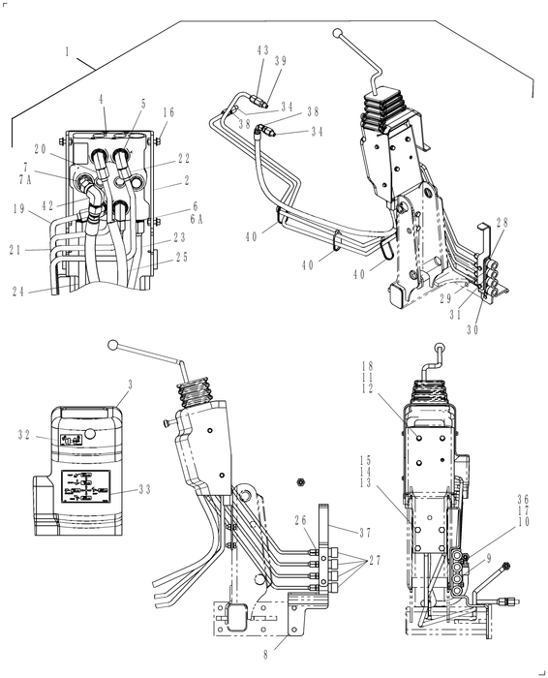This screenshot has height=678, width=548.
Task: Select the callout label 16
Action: point(168,113)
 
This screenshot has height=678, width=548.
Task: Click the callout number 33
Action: point(145,489)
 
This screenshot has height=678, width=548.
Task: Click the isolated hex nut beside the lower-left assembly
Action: point(300,480)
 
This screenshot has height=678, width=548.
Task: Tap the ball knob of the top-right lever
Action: point(337,34)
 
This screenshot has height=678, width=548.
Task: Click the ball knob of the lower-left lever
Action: point(114,345)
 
